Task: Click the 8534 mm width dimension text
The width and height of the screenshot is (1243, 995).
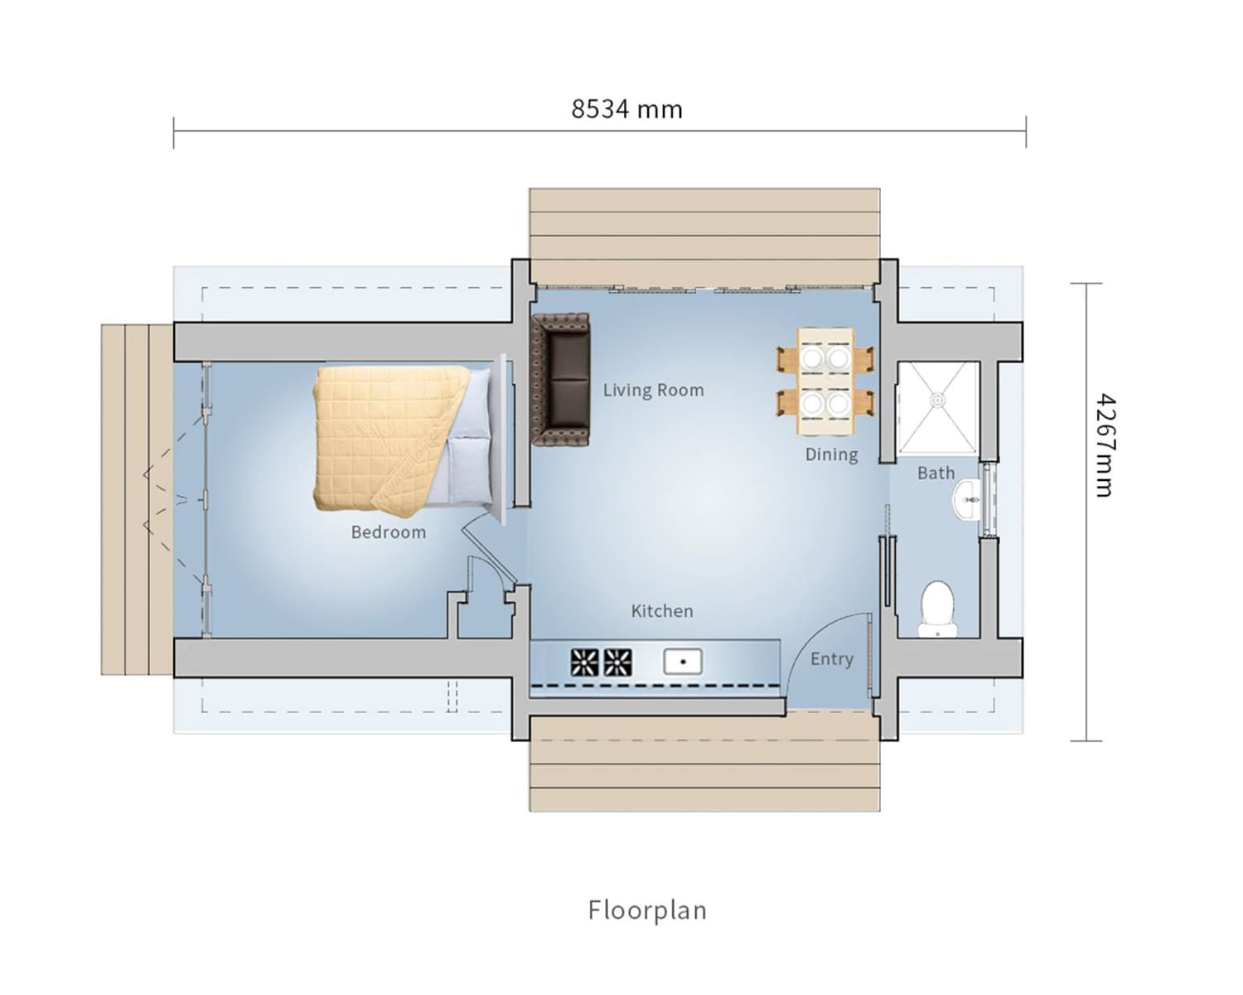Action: [x=626, y=109]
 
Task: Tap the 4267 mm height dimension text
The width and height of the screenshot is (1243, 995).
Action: [x=1105, y=445]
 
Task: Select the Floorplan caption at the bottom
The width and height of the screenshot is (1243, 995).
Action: [x=647, y=910]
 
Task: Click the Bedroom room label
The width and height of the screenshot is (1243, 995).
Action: [x=389, y=531]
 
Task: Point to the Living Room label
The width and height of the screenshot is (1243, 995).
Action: [x=653, y=391]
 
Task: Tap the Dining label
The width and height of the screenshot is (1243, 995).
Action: [x=831, y=454]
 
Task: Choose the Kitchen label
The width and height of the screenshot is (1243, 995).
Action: [x=662, y=611]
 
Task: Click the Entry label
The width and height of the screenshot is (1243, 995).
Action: [x=832, y=659]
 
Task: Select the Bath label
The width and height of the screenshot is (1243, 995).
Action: [x=936, y=473]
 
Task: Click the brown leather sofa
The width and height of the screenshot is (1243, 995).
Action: [x=561, y=380]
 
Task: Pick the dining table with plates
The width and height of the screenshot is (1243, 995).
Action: [x=825, y=381]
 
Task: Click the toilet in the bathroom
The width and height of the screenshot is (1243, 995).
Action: [x=937, y=609]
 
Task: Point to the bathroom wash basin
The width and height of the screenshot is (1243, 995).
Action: [x=966, y=499]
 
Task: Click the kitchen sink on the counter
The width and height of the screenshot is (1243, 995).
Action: [x=683, y=662]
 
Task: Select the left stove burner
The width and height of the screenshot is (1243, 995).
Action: [x=584, y=663]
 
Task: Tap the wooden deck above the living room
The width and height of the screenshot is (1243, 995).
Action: [x=704, y=236]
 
